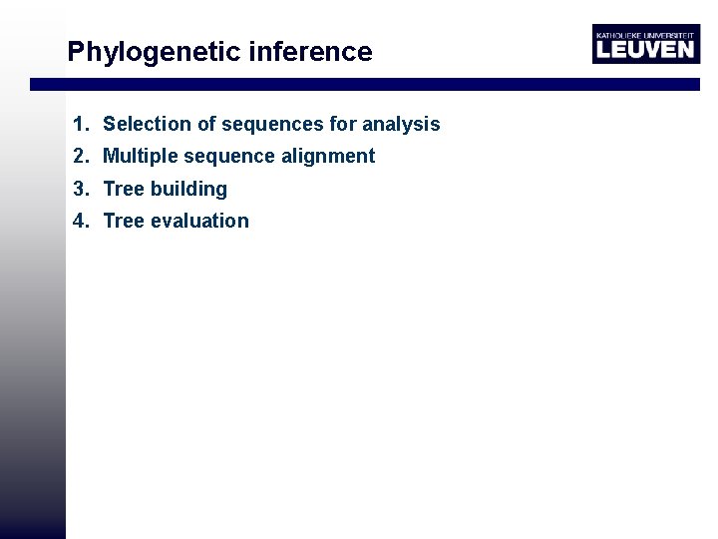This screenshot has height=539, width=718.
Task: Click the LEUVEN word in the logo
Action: tap(644, 49)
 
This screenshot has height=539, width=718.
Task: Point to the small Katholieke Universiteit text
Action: tap(644, 33)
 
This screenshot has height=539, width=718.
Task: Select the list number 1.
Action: tap(80, 124)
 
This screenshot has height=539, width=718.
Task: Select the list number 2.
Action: tap(80, 156)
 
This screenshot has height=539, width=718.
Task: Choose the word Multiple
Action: tap(140, 156)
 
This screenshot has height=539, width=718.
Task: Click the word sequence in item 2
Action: tap(225, 156)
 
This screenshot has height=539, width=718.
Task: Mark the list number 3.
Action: tap(80, 189)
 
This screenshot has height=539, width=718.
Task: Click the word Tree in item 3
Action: tap(124, 189)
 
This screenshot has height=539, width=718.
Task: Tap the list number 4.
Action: tap(80, 221)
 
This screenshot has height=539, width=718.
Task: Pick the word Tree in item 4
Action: tap(124, 221)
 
